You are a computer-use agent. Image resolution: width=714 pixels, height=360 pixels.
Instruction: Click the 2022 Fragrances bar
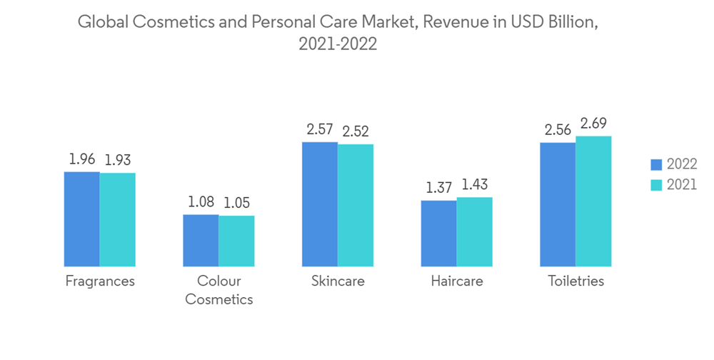(82, 219)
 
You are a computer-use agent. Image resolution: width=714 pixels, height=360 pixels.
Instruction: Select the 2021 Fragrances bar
(118, 219)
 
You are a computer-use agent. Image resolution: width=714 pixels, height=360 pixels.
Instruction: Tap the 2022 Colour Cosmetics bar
(201, 240)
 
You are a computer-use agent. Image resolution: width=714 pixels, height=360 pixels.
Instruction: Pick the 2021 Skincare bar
(356, 205)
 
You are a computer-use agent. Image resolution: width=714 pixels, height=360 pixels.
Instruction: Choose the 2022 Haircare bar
(438, 233)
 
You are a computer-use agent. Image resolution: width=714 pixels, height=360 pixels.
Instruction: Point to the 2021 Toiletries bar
(593, 201)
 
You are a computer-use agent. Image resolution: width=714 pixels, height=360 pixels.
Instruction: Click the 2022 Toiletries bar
(558, 204)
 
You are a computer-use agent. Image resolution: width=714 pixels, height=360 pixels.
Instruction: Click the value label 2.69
(593, 124)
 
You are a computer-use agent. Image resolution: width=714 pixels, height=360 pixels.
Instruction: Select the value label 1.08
(201, 202)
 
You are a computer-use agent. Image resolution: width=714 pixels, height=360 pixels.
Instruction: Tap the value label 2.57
(320, 130)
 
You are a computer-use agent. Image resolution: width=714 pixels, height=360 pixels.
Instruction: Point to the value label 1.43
(474, 185)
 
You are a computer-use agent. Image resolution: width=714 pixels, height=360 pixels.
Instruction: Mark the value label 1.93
(118, 160)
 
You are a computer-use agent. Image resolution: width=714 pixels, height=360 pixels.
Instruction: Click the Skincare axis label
(338, 281)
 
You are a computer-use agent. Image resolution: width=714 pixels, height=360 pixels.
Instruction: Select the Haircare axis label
(456, 281)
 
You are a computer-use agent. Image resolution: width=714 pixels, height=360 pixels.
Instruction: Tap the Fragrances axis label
(100, 281)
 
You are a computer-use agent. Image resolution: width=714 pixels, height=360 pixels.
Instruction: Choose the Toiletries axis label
(575, 281)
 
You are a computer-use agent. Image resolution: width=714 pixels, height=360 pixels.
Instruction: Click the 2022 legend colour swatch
(656, 164)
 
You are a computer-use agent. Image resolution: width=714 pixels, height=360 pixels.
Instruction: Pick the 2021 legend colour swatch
(656, 184)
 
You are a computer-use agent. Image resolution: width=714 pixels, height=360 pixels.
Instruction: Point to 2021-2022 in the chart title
(338, 44)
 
